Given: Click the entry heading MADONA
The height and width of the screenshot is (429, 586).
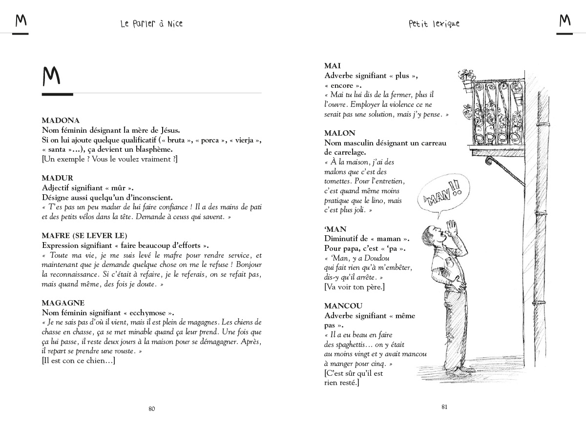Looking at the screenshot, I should click(x=61, y=121).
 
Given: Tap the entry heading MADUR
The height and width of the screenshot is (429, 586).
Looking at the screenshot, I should click(x=57, y=178).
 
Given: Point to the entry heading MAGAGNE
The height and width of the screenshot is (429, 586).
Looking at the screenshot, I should click(x=63, y=303).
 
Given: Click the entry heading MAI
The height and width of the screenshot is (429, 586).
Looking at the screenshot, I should click(x=333, y=66).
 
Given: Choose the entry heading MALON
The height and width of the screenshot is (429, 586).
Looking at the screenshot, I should click(x=340, y=133).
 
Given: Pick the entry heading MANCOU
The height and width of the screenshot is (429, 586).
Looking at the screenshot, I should click(x=343, y=306).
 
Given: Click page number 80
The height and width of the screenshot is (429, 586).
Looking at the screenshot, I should click(x=151, y=409).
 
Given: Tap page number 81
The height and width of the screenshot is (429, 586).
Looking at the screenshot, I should click(x=444, y=407).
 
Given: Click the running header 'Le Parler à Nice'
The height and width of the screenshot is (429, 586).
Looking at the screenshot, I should click(x=151, y=23).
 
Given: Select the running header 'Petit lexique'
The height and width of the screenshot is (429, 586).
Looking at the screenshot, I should click(x=434, y=23).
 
